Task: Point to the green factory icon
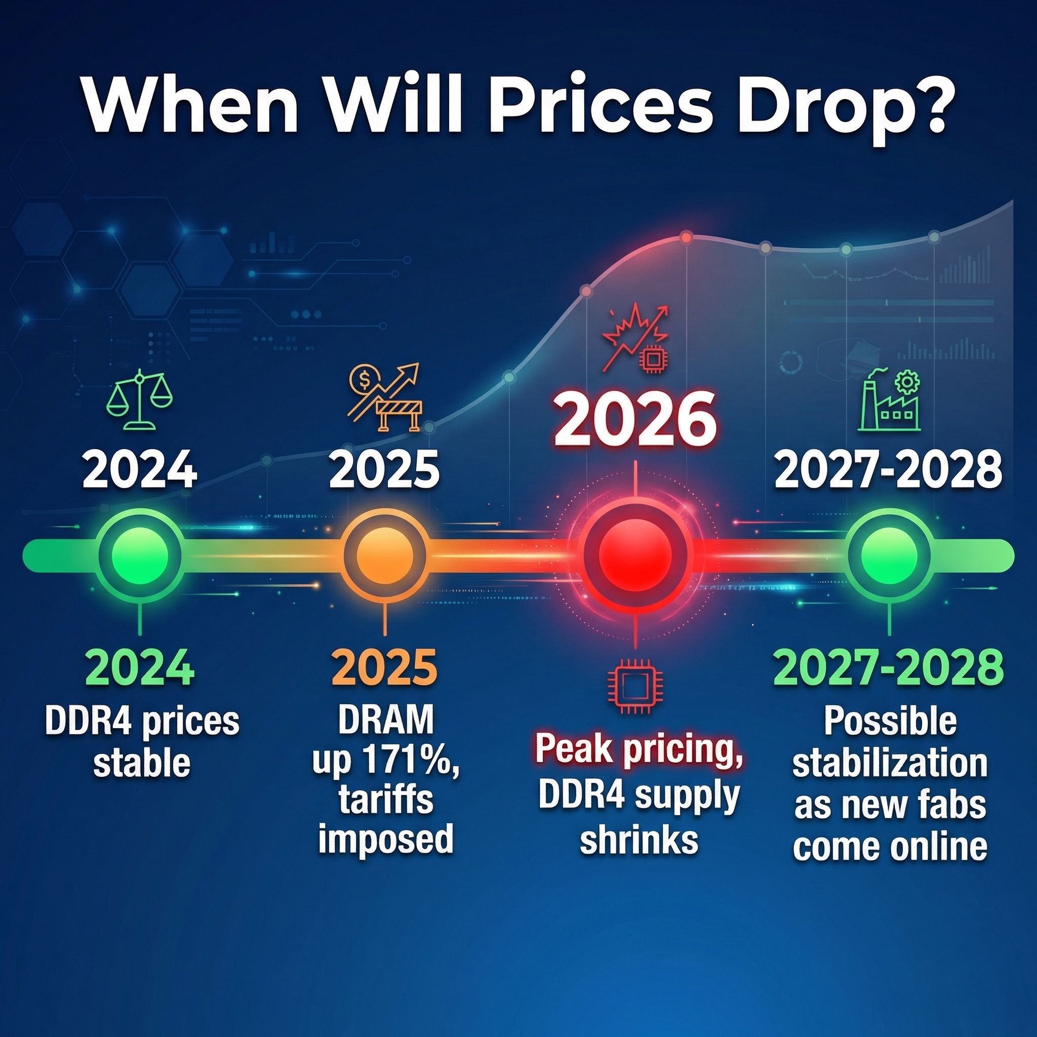(889, 400)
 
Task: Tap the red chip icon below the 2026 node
(635, 688)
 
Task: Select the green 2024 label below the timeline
(140, 668)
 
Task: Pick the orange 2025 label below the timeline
(384, 668)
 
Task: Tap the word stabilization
(890, 763)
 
